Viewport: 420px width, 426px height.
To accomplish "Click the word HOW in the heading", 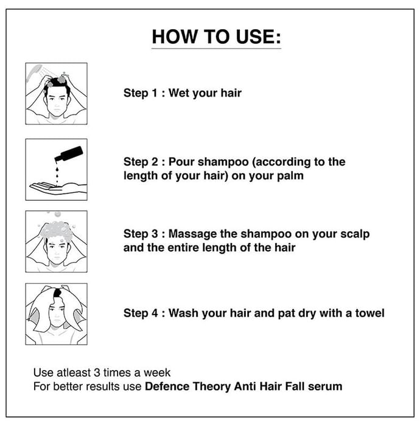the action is [x=175, y=37].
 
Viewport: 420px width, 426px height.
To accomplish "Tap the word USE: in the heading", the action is [x=258, y=37].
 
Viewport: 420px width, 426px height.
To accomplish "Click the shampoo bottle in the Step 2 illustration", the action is [x=69, y=154].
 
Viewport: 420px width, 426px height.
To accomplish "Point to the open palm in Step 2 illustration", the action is [x=58, y=188].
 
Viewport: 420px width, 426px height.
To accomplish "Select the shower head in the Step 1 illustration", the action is [x=33, y=72].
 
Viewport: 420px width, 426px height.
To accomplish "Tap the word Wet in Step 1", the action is [x=178, y=93].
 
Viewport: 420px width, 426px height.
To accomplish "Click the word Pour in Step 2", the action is [x=181, y=162].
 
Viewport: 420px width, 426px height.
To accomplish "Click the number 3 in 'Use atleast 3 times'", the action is [x=97, y=372].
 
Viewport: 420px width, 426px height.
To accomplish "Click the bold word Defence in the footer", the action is [x=167, y=386].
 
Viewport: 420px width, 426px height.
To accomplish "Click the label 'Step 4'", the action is [x=141, y=313].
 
